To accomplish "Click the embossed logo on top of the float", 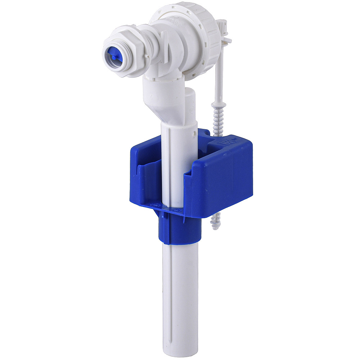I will pyautogui.click(x=228, y=140).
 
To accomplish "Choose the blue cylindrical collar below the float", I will pyautogui.click(x=178, y=230).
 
